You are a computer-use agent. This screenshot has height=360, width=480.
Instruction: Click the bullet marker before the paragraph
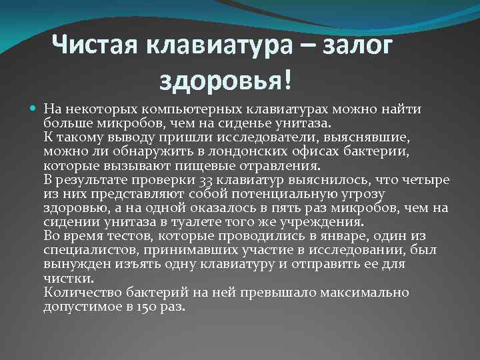click(34, 109)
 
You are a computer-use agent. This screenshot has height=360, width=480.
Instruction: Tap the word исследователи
click(262, 137)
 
